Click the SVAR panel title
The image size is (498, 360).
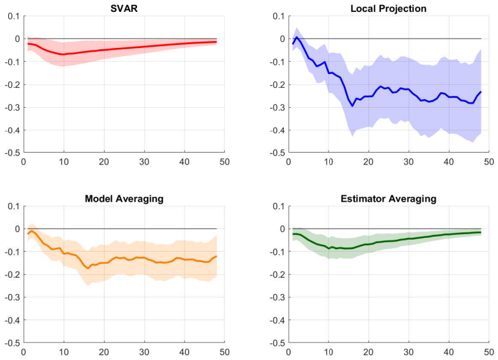click(124, 8)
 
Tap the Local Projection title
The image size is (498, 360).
click(388, 9)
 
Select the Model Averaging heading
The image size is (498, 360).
click(124, 199)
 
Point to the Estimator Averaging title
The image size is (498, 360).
click(388, 199)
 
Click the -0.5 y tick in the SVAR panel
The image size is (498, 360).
click(12, 153)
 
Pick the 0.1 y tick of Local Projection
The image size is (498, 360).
click(279, 16)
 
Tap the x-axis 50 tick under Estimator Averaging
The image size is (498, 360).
click(489, 352)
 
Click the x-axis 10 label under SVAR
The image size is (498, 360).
click(64, 162)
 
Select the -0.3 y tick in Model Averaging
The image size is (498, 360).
click(12, 298)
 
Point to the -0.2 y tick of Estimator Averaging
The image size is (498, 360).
click(277, 275)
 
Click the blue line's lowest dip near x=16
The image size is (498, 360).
click(352, 106)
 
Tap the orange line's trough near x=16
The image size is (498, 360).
click(88, 268)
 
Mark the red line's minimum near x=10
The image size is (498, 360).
click(63, 54)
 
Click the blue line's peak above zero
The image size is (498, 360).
click(297, 37)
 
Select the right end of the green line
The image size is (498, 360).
click(481, 232)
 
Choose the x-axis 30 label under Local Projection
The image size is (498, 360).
click(409, 162)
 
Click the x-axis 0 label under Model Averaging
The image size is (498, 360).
click(24, 352)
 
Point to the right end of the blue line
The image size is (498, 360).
click(481, 92)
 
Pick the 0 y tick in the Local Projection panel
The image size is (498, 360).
click(283, 39)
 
